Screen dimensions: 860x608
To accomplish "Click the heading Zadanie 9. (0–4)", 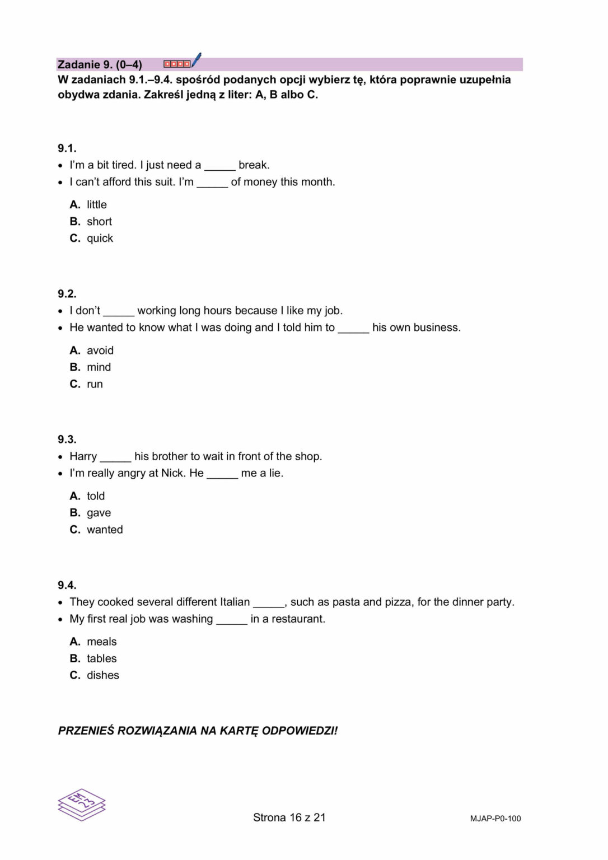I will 100,64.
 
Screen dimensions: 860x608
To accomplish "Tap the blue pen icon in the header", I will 196,60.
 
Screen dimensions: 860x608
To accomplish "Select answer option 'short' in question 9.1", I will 99,222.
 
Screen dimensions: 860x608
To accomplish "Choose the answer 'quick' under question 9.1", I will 100,239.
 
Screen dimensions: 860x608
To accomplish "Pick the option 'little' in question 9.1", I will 96,205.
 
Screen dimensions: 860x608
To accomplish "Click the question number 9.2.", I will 67,294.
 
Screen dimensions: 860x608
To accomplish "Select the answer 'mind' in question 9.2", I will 99,367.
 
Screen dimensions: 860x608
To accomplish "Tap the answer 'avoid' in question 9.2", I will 100,350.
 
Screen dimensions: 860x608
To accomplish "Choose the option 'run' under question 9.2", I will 95,384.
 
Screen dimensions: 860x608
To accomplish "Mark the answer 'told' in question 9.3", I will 96,496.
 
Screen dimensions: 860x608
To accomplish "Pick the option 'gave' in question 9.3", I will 99,513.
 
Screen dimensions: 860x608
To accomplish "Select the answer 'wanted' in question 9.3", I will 105,530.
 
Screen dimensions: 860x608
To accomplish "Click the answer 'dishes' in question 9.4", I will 102,675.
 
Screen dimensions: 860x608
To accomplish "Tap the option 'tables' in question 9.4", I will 101,658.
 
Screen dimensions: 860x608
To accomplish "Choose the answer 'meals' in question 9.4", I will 101,642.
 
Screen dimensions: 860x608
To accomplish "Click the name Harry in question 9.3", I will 83,456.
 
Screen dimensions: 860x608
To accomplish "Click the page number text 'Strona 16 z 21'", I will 289,817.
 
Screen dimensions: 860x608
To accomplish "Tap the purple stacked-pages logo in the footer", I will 82,805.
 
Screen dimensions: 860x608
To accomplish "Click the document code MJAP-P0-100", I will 495,819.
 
